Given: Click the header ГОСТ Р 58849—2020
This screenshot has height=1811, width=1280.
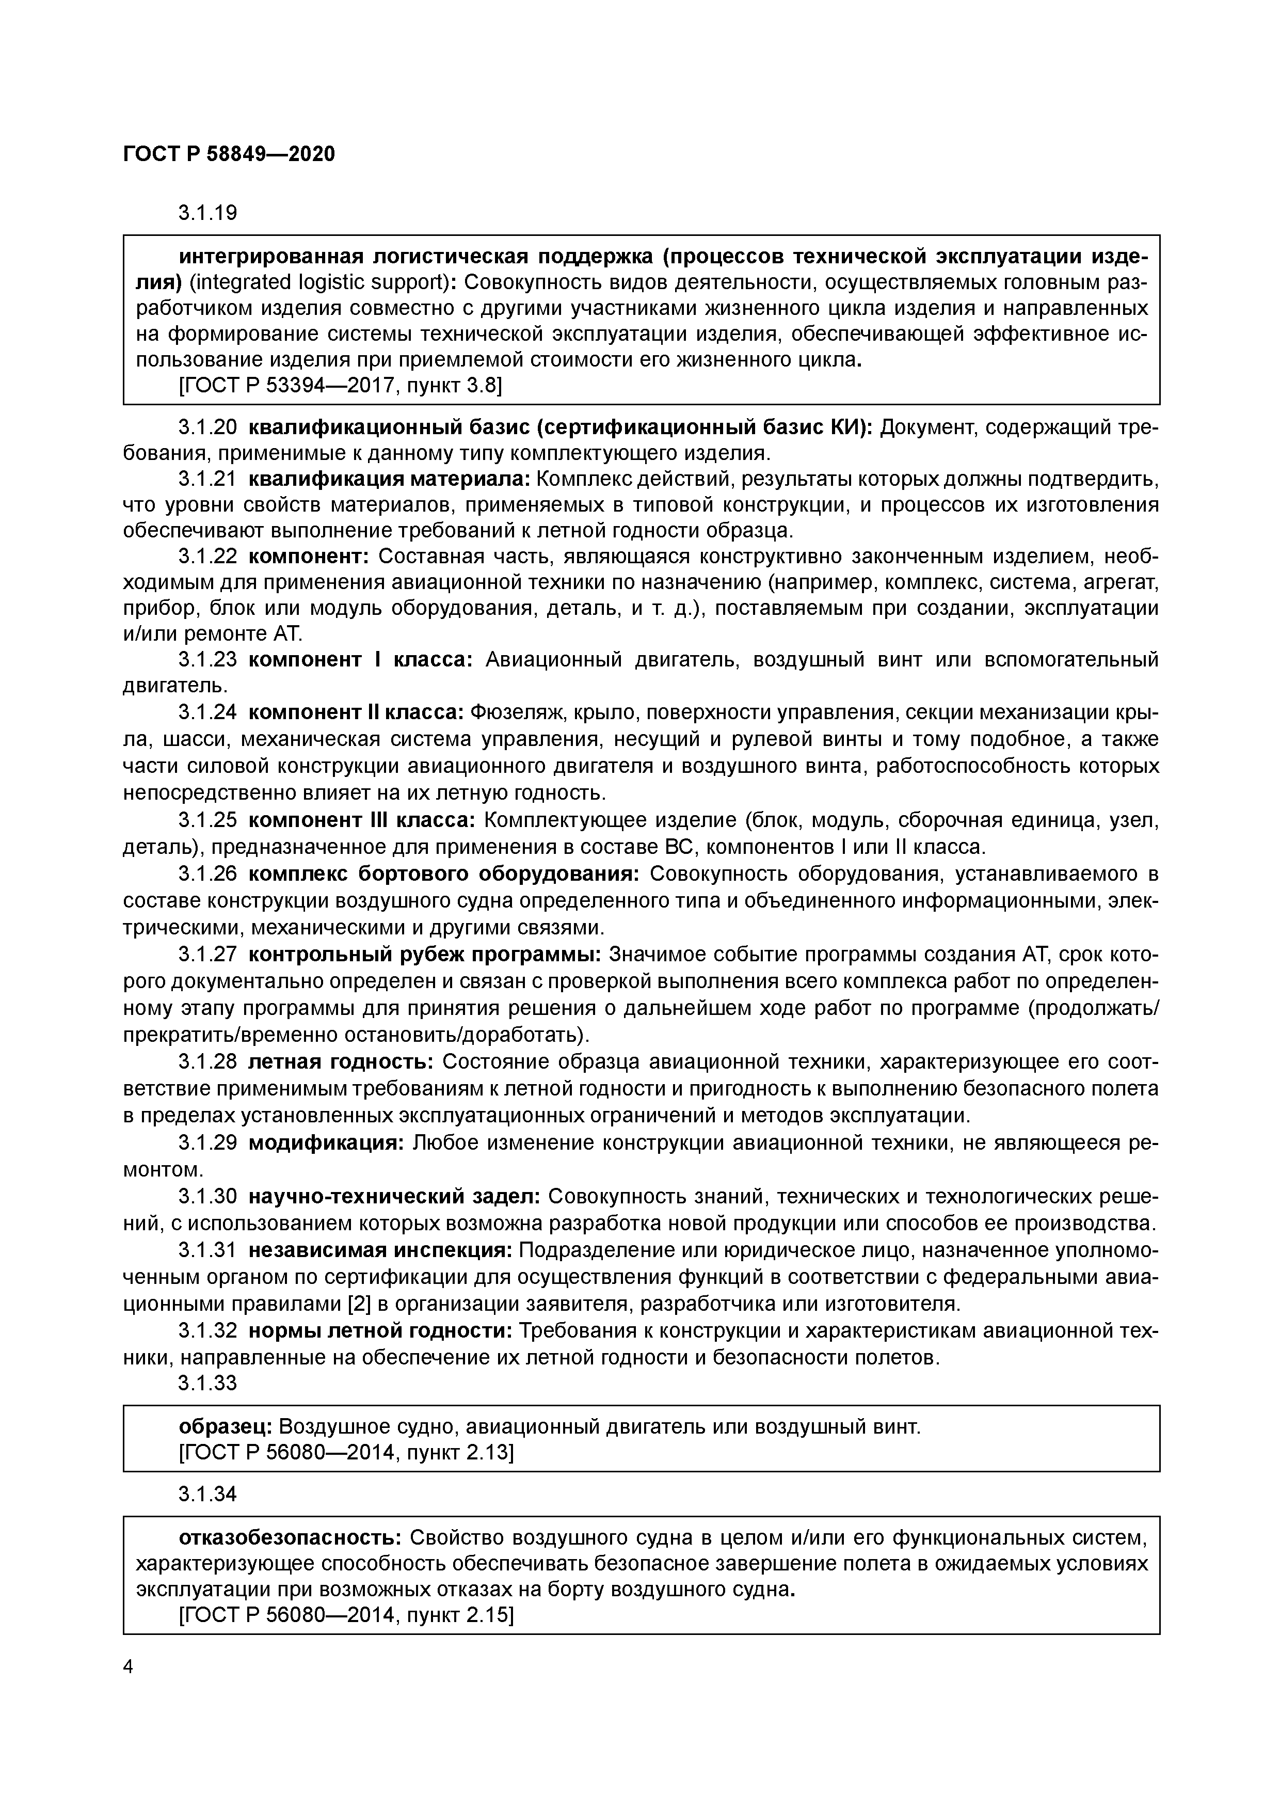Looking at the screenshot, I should pyautogui.click(x=229, y=154).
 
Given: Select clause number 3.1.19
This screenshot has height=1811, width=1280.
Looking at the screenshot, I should pyautogui.click(x=207, y=213).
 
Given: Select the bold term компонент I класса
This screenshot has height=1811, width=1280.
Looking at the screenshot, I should pyautogui.click(x=360, y=659).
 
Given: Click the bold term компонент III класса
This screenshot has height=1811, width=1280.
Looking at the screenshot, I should pyautogui.click(x=361, y=820).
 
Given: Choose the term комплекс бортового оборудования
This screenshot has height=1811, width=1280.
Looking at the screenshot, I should pyautogui.click(x=445, y=874).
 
